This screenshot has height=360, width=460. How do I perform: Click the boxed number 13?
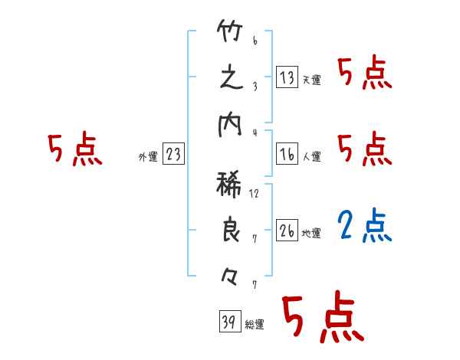(287, 78)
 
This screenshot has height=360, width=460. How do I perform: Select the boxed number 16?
(287, 154)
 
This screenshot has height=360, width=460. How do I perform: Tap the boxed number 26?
(287, 231)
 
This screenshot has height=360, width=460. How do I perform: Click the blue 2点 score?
(364, 224)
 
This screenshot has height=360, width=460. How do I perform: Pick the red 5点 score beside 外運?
(74, 150)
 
